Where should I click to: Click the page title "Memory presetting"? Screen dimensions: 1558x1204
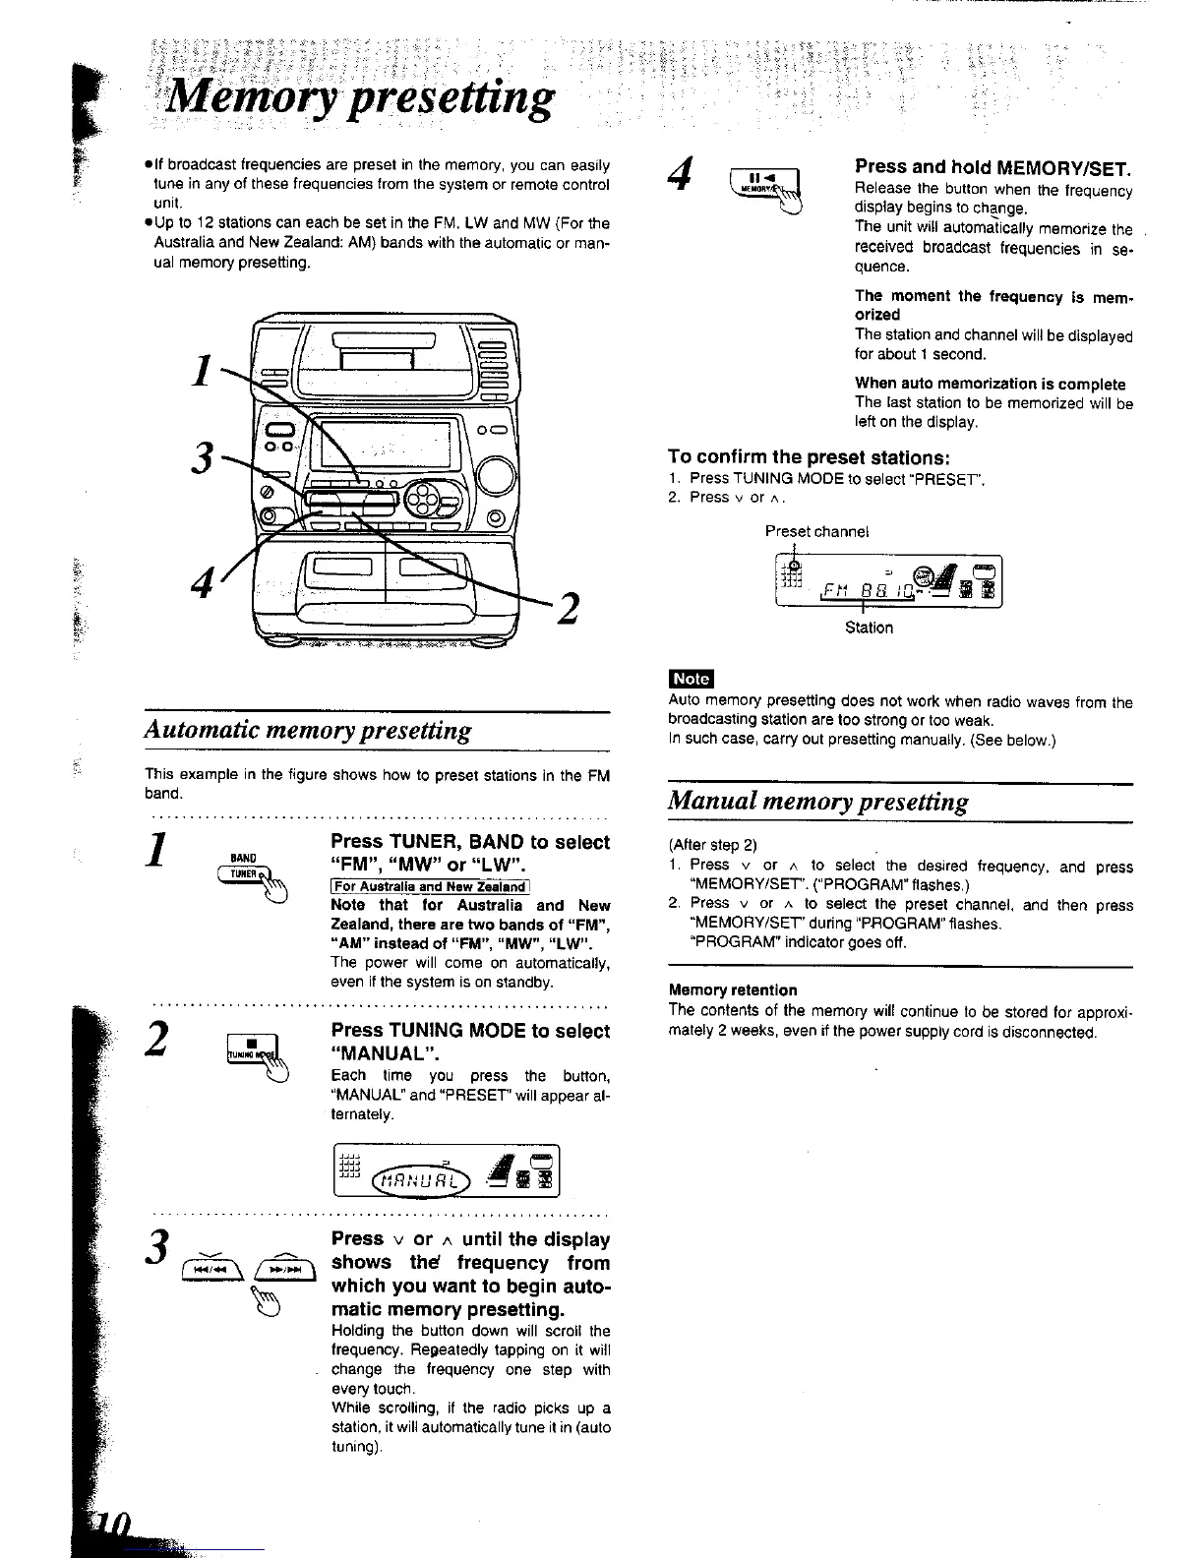pos(360,98)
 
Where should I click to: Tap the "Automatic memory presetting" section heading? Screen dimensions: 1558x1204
pos(308,731)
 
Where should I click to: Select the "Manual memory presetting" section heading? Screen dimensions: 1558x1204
pos(818,802)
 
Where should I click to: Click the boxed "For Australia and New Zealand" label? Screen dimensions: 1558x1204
pos(430,886)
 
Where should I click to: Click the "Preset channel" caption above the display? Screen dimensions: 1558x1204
pos(817,531)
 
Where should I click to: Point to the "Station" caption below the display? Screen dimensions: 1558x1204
pos(869,628)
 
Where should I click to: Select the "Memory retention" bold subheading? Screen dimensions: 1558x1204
pos(733,989)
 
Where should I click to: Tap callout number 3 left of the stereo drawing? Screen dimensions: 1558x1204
pos(203,458)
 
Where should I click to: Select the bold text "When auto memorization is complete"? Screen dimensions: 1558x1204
pos(990,384)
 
